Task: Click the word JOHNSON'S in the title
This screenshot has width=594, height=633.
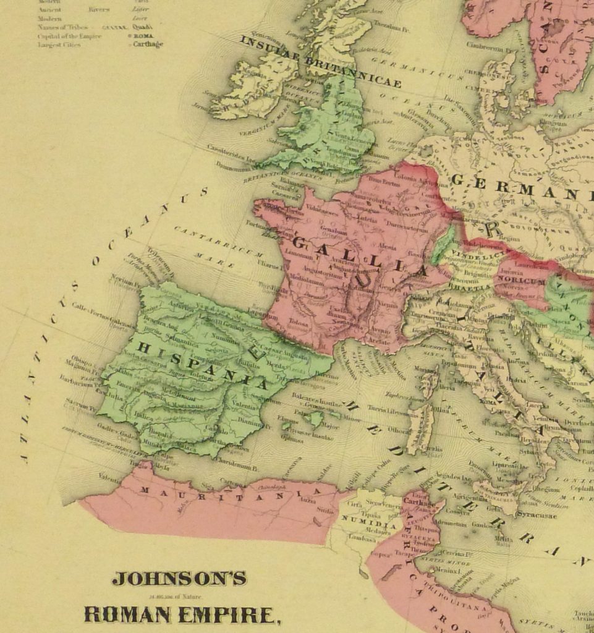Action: [179, 579]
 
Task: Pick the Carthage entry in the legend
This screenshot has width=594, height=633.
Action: [148, 45]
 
